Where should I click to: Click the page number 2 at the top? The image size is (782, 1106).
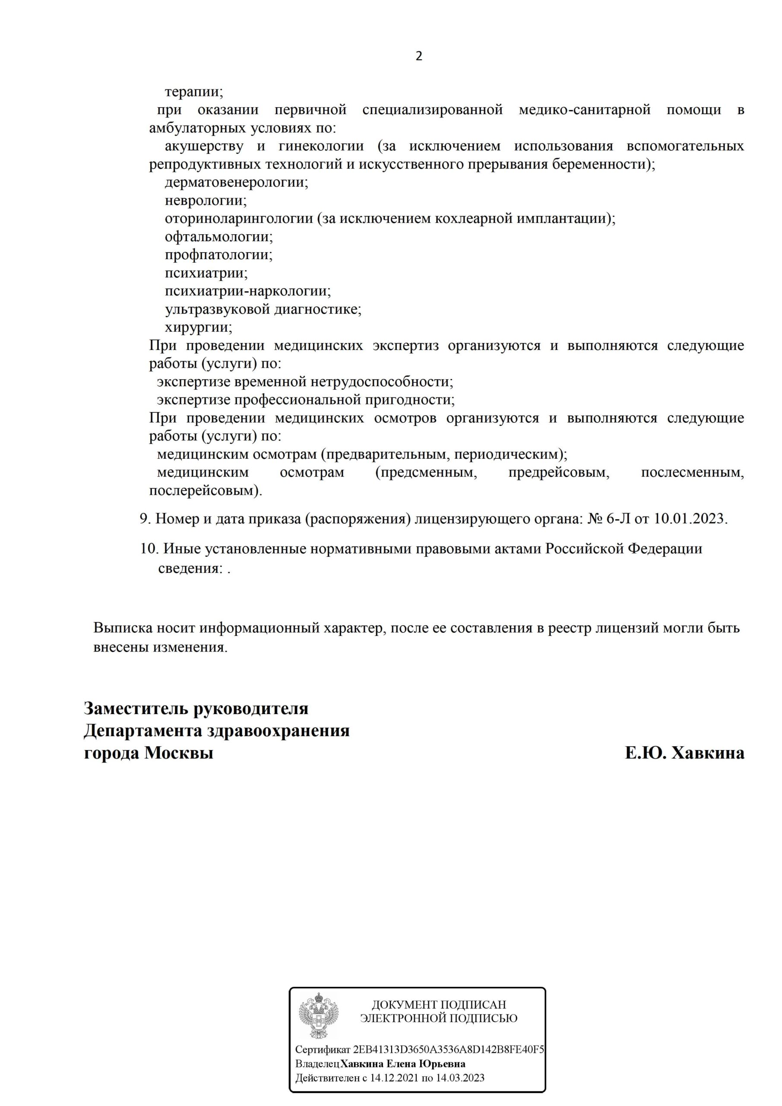click(x=418, y=56)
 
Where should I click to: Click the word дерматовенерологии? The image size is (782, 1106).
click(x=236, y=183)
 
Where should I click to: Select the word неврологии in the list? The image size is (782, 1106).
click(x=206, y=200)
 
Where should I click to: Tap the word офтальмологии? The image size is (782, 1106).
click(x=218, y=236)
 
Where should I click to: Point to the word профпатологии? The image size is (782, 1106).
click(x=218, y=255)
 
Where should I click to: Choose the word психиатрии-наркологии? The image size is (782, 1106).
click(x=247, y=291)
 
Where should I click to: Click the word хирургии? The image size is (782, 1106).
click(x=198, y=327)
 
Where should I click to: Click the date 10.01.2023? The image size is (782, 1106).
click(x=689, y=518)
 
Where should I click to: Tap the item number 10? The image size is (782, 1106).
click(x=149, y=548)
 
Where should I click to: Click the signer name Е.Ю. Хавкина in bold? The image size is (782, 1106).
click(x=684, y=753)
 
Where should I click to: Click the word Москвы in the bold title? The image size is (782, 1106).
click(x=179, y=753)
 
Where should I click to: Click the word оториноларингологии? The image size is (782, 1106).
click(x=239, y=219)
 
